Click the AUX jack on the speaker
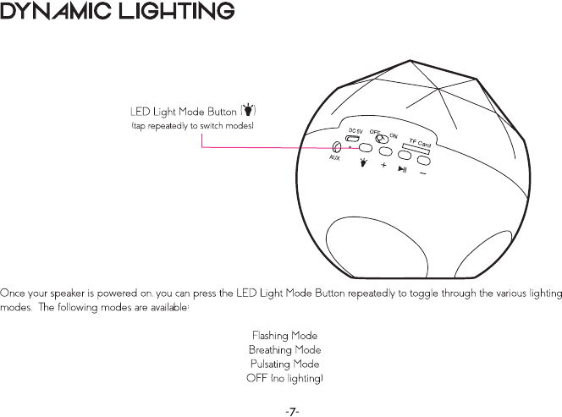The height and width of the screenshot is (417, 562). (338, 146)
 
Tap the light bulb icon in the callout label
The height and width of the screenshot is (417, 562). (248, 111)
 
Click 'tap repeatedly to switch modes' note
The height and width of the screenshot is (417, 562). (192, 125)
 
